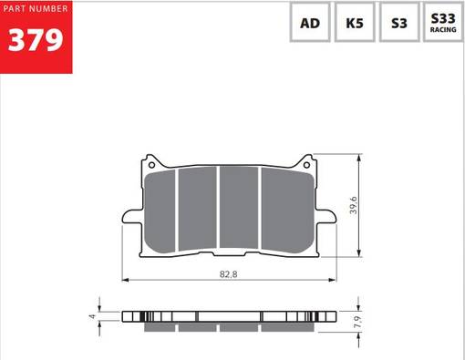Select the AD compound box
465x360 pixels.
310,24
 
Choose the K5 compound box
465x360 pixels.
354,24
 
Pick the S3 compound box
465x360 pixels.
398,24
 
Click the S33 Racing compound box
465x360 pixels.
443,24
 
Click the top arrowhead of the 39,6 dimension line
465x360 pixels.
365,157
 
